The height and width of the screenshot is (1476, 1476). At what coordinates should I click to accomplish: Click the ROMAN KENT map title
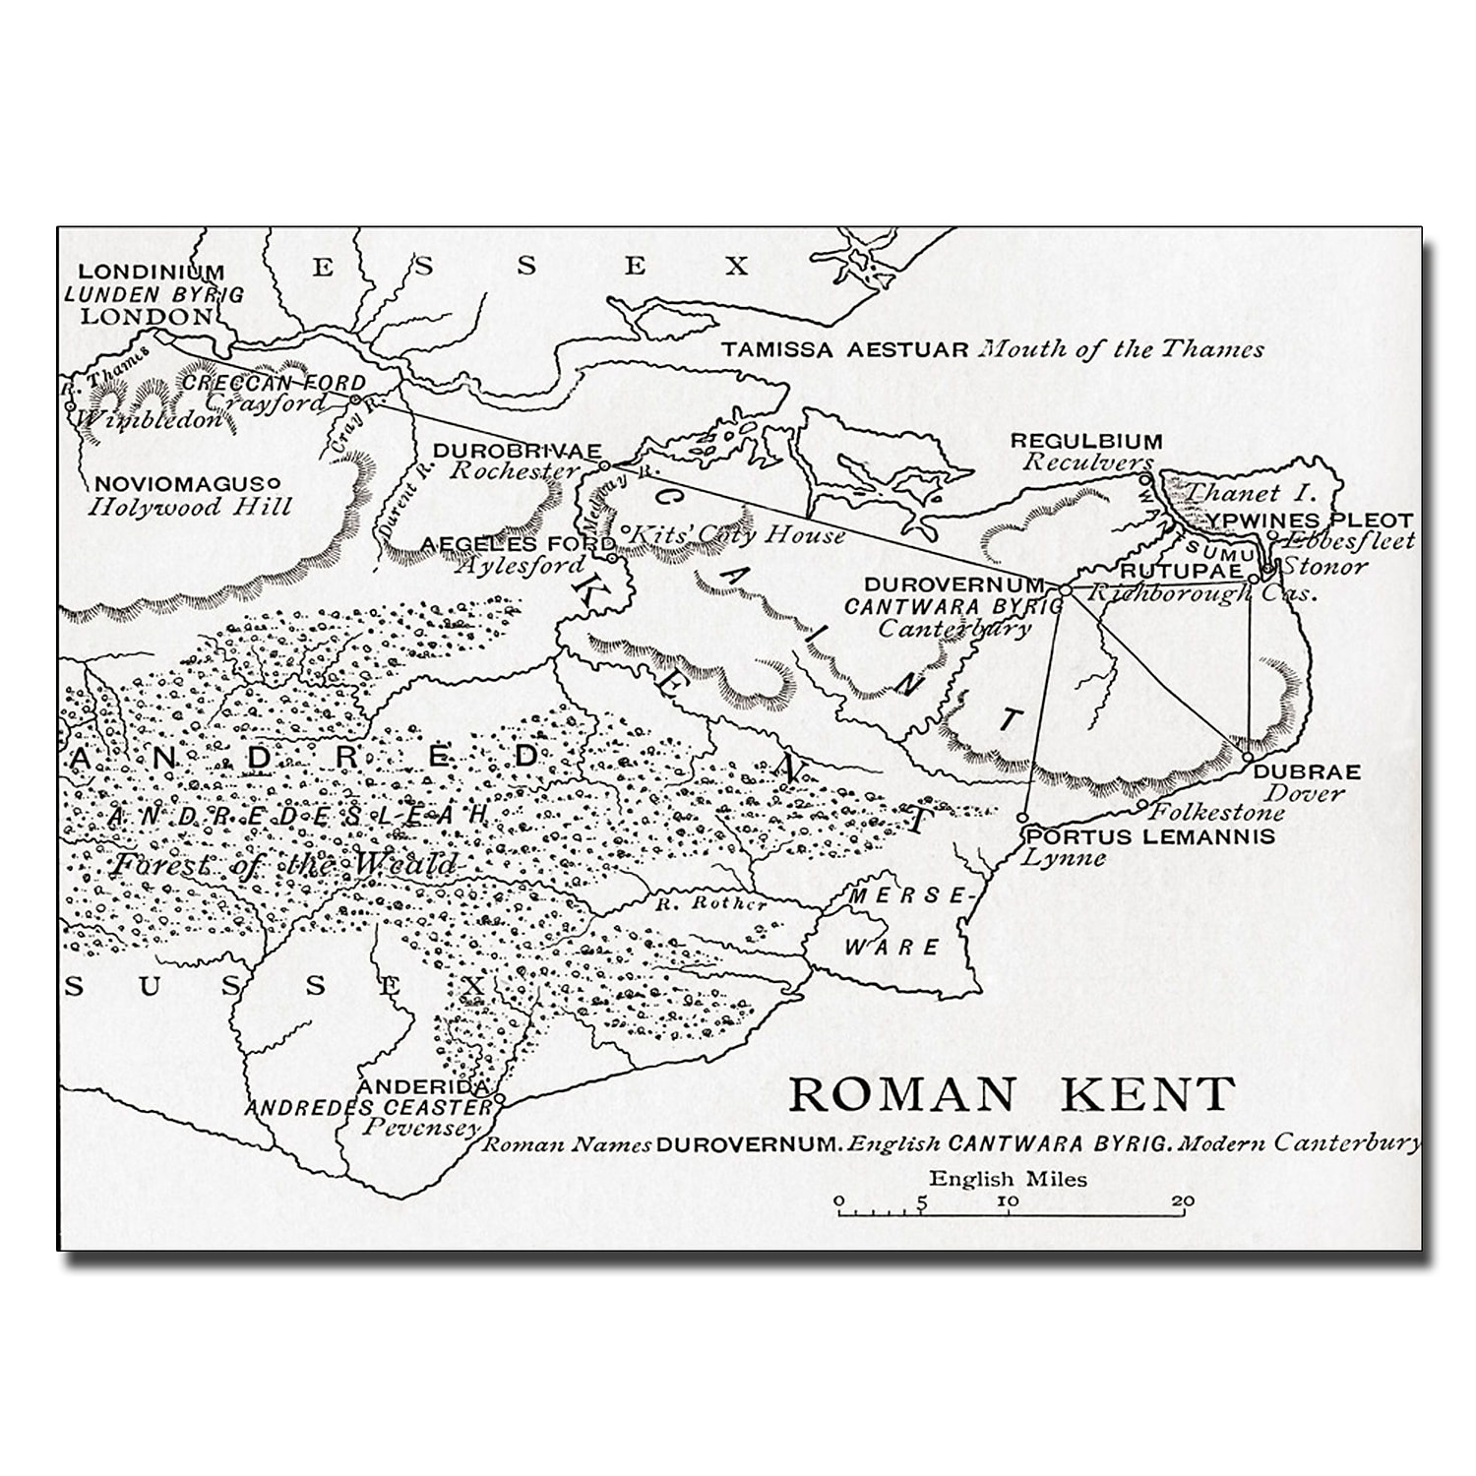point(1012,1094)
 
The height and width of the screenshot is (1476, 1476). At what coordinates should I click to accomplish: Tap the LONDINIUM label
point(152,272)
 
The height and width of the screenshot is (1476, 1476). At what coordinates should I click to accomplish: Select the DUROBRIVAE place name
point(517,451)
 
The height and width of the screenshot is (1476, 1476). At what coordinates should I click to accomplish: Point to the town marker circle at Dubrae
point(1247,758)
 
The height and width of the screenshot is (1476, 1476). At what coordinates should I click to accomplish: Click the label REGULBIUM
point(1085,441)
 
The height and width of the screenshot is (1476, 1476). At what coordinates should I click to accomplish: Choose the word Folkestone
point(1217,813)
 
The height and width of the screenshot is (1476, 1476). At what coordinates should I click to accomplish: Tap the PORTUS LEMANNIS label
point(1149,836)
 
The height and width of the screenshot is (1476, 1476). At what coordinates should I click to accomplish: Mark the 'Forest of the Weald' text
point(283,865)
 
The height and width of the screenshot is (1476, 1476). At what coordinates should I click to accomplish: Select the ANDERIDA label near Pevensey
point(424,1087)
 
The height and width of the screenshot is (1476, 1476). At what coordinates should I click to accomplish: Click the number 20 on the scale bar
point(1183,1201)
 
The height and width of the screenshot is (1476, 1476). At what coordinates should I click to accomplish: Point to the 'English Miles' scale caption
point(1009,1179)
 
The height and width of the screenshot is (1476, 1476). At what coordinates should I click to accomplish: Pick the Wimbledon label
point(150,420)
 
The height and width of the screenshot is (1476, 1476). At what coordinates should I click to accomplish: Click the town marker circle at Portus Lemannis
point(1023,818)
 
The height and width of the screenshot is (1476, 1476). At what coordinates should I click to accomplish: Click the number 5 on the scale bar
point(921,1201)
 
